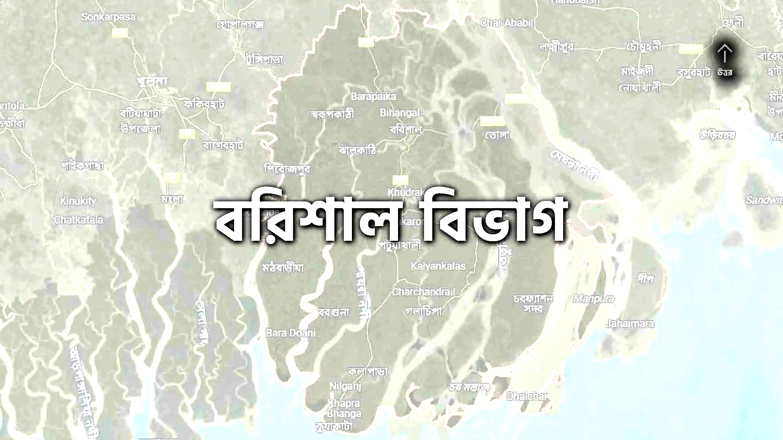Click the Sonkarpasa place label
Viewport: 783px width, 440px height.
(x=108, y=17)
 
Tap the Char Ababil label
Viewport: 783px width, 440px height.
(x=507, y=23)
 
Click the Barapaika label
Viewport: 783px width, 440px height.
(x=373, y=97)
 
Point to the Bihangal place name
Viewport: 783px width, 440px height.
(x=399, y=113)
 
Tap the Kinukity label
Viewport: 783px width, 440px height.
(x=78, y=201)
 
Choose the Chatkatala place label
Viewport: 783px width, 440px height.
(x=78, y=220)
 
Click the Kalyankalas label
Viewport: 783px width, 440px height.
(x=438, y=266)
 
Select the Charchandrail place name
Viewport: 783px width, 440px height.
(x=423, y=292)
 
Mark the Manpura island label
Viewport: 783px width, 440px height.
(x=594, y=299)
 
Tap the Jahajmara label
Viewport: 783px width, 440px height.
(x=630, y=324)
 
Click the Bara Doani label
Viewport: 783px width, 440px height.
(x=291, y=333)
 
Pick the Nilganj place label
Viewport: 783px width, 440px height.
(x=345, y=385)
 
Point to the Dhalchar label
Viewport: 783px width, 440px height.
(x=527, y=396)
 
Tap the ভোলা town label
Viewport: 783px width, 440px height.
(x=497, y=135)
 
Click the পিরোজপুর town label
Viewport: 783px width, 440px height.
(x=287, y=168)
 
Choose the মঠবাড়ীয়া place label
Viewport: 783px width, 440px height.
(x=283, y=268)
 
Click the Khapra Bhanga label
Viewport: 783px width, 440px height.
(x=344, y=409)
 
